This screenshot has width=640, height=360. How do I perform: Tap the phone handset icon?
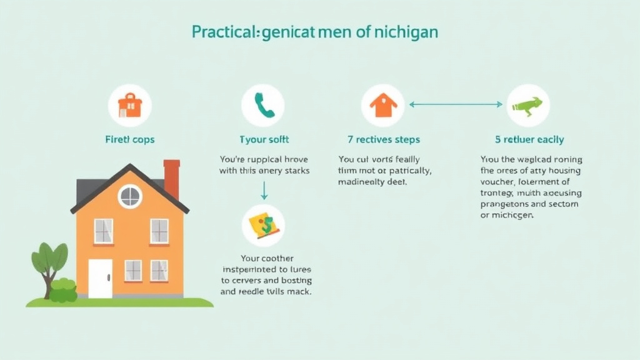pos(263,105)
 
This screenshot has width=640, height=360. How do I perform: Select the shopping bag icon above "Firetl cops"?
pos(130,105)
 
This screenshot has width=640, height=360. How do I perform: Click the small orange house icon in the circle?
pos(382,105)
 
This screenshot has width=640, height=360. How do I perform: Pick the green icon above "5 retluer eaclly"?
pos(528,105)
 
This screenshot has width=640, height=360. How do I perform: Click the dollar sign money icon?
pos(263,226)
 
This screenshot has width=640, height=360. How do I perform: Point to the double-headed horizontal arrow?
pos(456,104)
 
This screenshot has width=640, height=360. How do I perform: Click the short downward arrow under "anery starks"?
pos(264,189)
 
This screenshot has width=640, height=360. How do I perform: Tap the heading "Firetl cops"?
pos(130,139)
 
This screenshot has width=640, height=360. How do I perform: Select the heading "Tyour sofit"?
pos(264,139)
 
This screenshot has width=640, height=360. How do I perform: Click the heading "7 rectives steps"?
pos(384,139)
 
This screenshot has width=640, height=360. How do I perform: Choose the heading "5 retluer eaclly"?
pos(529,139)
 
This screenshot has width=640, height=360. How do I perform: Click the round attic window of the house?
pos(130,196)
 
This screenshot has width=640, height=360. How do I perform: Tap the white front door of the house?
pos(100,277)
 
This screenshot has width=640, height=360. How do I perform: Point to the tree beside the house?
pos(49,262)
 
